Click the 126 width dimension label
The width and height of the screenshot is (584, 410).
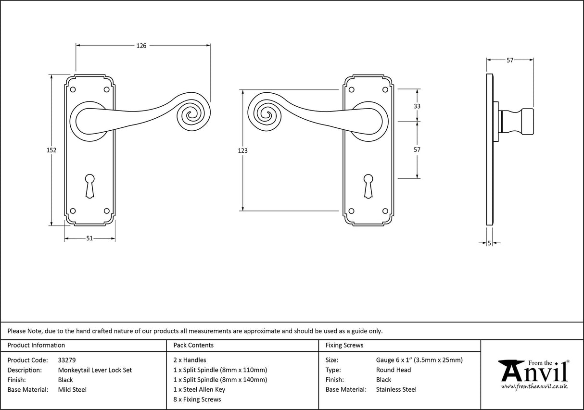(141, 46)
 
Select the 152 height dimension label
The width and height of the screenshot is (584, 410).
(51, 150)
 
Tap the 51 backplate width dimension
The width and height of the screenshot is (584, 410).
(89, 239)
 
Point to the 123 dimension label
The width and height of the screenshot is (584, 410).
(243, 150)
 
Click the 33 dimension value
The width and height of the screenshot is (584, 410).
(417, 106)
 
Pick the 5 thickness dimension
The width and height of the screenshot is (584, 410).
(489, 244)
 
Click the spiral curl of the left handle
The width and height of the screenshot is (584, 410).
(192, 114)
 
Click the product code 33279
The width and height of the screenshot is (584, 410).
(67, 360)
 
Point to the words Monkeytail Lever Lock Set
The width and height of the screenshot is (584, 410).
(95, 370)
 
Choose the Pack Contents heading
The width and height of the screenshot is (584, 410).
(193, 345)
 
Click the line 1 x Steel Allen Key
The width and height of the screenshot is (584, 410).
(199, 390)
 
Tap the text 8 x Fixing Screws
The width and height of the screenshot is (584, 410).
(197, 399)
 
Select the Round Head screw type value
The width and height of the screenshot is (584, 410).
(394, 370)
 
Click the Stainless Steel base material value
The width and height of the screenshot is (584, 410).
(396, 390)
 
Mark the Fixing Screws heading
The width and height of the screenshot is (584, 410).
(344, 345)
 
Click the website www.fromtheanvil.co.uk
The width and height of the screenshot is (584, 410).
(534, 386)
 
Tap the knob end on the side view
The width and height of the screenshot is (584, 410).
(527, 122)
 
